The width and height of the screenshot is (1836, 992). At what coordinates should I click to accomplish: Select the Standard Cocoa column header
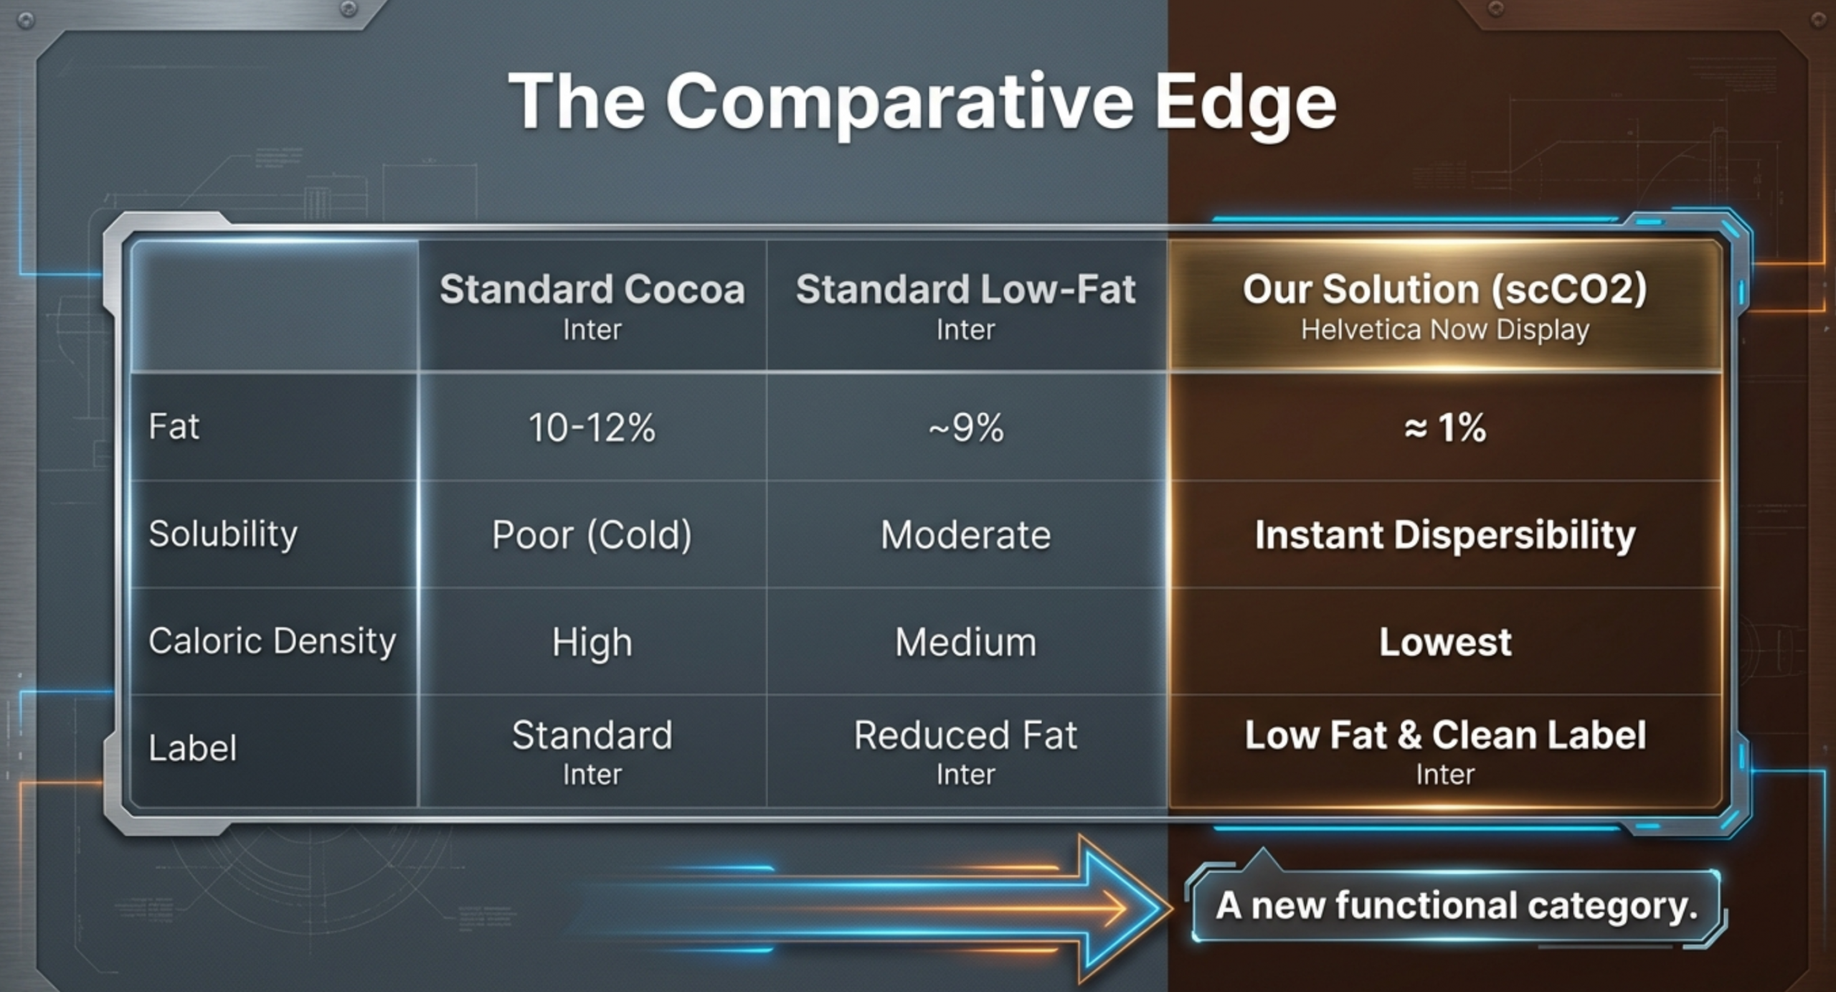tap(592, 289)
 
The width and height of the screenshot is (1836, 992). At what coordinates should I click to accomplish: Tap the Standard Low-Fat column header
tap(965, 289)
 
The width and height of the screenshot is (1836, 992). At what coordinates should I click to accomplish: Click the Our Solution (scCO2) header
tap(1445, 290)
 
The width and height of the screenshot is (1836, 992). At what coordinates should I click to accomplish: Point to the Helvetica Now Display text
tap(1445, 330)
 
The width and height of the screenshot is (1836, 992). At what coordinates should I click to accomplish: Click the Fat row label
tap(174, 426)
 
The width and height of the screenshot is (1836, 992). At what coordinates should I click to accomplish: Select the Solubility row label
tap(223, 534)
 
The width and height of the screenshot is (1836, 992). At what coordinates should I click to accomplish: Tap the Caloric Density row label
tap(272, 641)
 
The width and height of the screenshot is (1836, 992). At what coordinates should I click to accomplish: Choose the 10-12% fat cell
tap(592, 427)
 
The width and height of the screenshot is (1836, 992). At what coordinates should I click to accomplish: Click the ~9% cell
tap(965, 427)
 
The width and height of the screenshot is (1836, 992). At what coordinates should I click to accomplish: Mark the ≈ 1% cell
tap(1445, 427)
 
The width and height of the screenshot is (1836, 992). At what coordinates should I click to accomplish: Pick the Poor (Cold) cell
tap(592, 535)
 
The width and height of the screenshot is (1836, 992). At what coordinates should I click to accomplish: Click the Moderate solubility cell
tap(965, 535)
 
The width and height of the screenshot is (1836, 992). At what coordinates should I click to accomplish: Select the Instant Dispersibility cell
tap(1445, 535)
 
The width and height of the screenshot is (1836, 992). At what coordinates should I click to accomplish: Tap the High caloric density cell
tap(592, 643)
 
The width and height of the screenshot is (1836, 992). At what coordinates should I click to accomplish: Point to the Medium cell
tap(965, 642)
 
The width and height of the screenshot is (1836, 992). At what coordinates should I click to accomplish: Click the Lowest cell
tap(1445, 642)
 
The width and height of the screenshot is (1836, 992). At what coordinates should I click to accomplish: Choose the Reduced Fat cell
tap(965, 735)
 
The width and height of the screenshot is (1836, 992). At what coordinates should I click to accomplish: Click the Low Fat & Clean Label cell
tap(1445, 735)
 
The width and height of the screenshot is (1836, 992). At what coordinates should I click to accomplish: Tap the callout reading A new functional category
tap(1457, 905)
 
